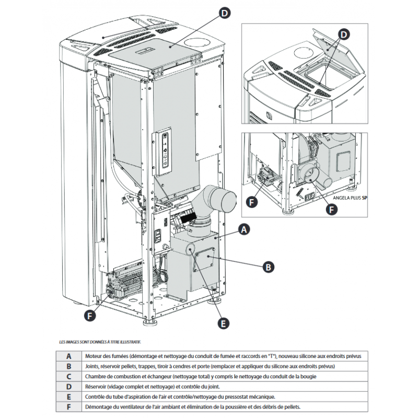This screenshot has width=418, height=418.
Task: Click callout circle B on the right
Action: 267,266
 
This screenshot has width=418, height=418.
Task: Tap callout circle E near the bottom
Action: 224,324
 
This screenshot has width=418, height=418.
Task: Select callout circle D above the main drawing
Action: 224,14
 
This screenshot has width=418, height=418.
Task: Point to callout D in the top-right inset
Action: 343,34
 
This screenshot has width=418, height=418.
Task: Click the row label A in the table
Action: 68,356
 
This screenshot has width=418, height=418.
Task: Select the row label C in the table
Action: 68,377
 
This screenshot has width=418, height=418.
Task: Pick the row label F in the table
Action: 68,407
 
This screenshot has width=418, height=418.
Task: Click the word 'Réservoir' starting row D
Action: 96,387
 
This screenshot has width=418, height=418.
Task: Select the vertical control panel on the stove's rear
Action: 166,152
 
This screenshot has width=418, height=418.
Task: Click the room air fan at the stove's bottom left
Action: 121,286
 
